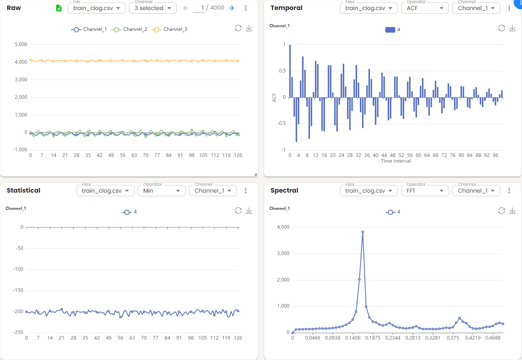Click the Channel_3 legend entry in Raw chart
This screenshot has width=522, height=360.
click(x=169, y=29)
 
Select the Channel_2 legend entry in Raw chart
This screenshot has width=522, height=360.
click(x=129, y=29)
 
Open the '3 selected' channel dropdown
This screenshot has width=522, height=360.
click(x=153, y=8)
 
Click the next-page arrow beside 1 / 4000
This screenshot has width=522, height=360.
click(x=231, y=8)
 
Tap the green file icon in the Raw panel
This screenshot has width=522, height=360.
click(x=59, y=8)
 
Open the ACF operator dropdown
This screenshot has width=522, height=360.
click(x=425, y=8)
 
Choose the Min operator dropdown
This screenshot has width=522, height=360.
click(x=161, y=191)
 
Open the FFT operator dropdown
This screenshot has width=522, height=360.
click(x=425, y=191)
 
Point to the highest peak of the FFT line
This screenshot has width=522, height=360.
click(x=363, y=232)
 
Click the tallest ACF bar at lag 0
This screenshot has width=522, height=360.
click(x=290, y=71)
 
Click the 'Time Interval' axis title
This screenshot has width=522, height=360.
click(x=396, y=161)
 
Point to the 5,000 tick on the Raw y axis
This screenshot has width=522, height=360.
click(x=21, y=44)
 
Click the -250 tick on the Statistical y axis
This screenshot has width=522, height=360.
click(x=18, y=332)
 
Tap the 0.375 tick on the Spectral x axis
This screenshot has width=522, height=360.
click(x=453, y=338)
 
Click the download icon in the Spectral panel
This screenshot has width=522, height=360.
click(x=512, y=211)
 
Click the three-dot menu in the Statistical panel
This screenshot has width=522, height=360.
click(x=246, y=191)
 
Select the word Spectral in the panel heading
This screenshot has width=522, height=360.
click(x=284, y=191)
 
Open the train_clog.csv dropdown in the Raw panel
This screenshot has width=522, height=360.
click(x=96, y=8)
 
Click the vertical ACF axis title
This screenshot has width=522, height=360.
click(x=274, y=97)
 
